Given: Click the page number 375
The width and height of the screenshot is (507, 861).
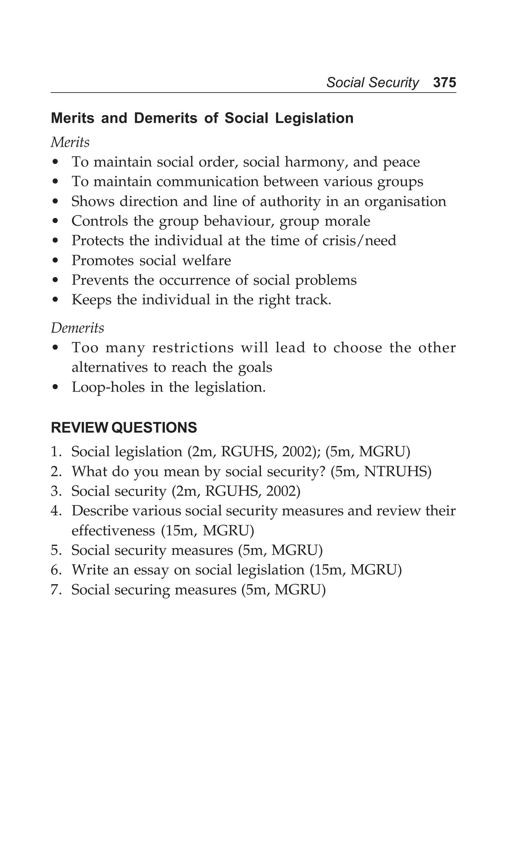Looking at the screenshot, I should click(444, 83).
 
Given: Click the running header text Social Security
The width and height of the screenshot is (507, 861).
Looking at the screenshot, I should click(372, 83).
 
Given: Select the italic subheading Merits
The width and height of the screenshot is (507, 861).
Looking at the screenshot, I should click(70, 142).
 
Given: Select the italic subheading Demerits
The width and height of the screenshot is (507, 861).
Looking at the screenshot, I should click(77, 328).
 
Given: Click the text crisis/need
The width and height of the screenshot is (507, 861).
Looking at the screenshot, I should click(359, 241).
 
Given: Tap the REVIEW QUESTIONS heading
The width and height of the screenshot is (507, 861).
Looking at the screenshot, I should click(124, 428).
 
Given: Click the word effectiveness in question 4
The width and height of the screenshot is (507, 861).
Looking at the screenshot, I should click(113, 531).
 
